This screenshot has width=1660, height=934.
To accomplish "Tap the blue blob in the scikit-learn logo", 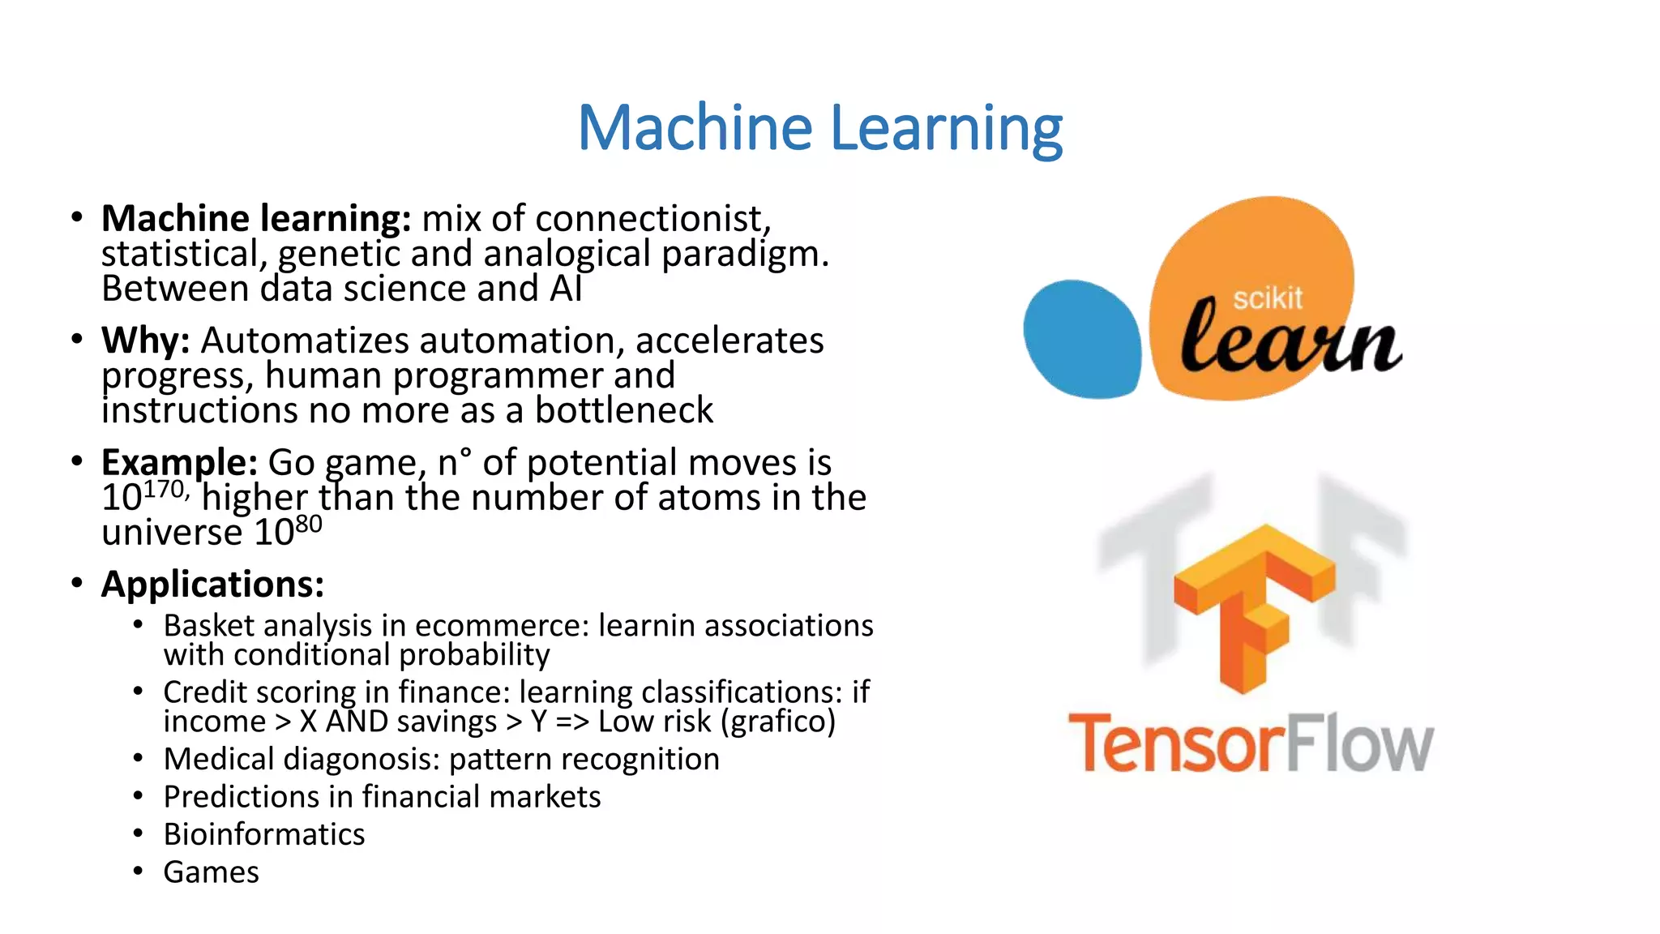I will pos(1081,339).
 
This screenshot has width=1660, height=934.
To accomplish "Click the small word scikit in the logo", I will pos(1268,298).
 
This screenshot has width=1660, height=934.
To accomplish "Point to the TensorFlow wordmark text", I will pos(1251,743).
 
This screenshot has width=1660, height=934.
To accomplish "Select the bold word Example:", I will pos(179,462).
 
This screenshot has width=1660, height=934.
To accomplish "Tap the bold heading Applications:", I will pos(212,584).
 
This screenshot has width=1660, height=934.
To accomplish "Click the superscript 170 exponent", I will pos(165,490).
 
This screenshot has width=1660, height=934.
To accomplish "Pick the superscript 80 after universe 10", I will pos(308,525).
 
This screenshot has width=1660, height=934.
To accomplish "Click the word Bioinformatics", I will pos(264,834).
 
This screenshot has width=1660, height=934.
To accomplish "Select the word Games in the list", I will pos(211,872).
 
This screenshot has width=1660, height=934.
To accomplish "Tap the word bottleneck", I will pos(623,410).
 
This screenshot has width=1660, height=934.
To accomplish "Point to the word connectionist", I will pos(652,219).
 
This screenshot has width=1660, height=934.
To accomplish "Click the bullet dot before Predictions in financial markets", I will pos(139,796).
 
